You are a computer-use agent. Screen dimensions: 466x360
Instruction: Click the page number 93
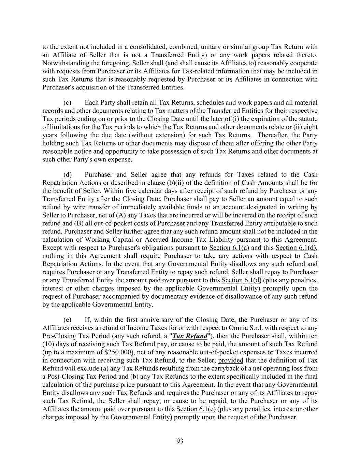click(180, 441)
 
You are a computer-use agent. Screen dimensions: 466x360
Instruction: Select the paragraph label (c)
click(67, 102)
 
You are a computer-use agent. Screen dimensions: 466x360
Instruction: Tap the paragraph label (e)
click(67, 320)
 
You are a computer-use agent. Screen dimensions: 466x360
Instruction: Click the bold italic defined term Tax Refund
click(190, 336)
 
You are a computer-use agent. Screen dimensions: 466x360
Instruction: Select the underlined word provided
click(231, 360)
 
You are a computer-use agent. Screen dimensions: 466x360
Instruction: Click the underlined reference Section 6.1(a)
click(229, 248)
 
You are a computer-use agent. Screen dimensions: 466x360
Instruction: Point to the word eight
click(311, 127)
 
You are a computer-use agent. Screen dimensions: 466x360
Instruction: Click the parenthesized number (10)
click(49, 344)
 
